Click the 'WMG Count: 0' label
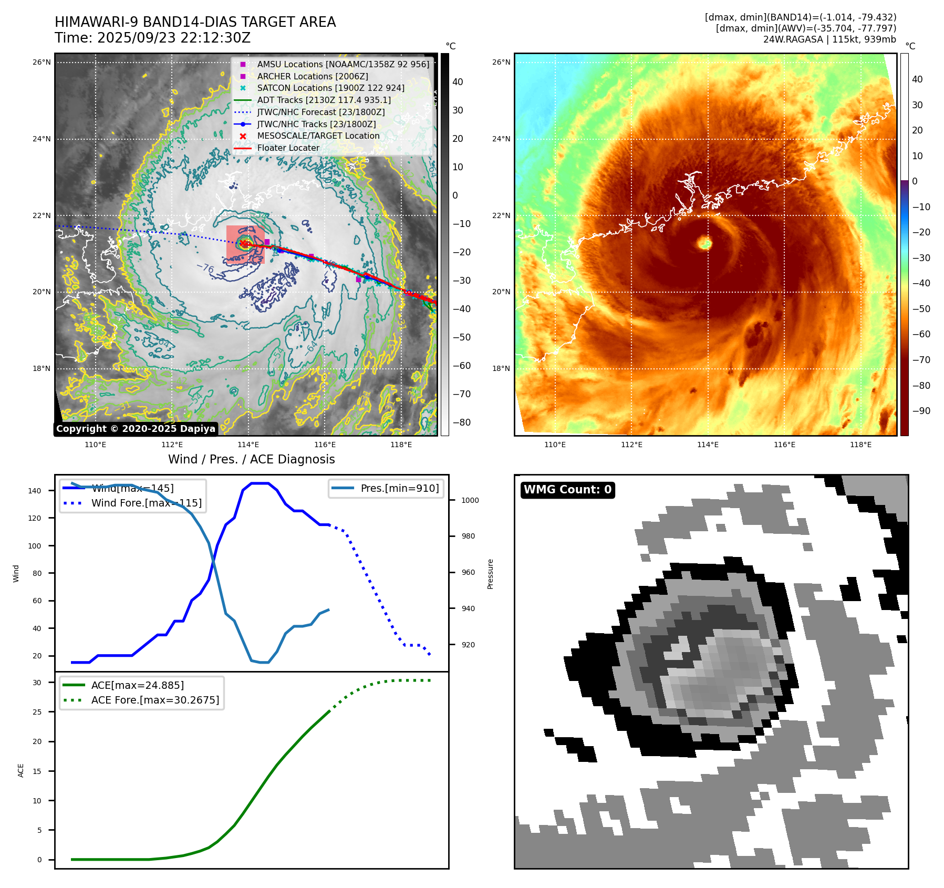567,490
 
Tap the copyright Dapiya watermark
136,429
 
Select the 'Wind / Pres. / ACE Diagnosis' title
251,459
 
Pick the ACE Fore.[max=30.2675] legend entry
155,700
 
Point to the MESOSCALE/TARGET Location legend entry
318,136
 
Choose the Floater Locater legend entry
288,148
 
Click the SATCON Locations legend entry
330,88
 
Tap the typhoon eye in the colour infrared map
704,243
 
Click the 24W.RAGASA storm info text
829,39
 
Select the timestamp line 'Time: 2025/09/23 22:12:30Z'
152,38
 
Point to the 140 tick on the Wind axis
35,491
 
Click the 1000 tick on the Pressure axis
470,500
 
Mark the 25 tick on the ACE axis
37,712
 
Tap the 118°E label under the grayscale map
401,445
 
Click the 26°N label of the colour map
501,62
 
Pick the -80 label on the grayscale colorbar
462,422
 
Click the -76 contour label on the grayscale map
205,269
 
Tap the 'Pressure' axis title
490,574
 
